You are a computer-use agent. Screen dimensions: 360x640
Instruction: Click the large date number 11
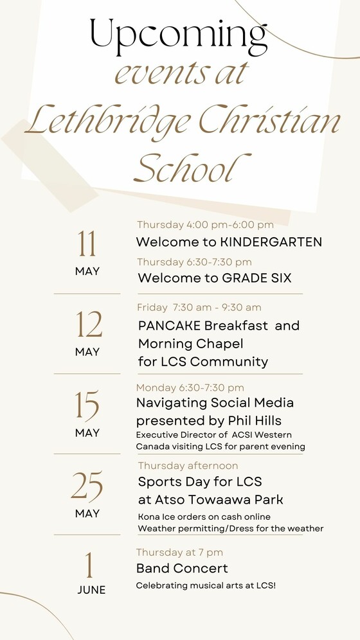click(87, 244)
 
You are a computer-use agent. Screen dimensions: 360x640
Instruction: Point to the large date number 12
click(89, 324)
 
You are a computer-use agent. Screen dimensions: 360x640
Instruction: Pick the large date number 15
click(87, 405)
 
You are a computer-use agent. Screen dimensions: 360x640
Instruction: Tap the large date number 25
click(87, 486)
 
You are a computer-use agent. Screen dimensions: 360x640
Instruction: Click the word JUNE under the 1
click(91, 590)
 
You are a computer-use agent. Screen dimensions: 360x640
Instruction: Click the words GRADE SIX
click(256, 278)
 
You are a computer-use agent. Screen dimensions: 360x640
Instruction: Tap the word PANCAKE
click(169, 326)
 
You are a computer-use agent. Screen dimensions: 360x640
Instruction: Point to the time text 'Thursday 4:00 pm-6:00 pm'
click(205, 225)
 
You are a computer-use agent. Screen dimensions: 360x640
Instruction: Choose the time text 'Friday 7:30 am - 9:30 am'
click(199, 307)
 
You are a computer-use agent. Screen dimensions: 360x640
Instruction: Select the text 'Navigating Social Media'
click(215, 403)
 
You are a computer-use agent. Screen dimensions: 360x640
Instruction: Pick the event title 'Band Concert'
click(182, 568)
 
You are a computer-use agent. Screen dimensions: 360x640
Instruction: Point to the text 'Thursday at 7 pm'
click(179, 553)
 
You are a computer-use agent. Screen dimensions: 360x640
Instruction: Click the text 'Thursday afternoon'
click(188, 466)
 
